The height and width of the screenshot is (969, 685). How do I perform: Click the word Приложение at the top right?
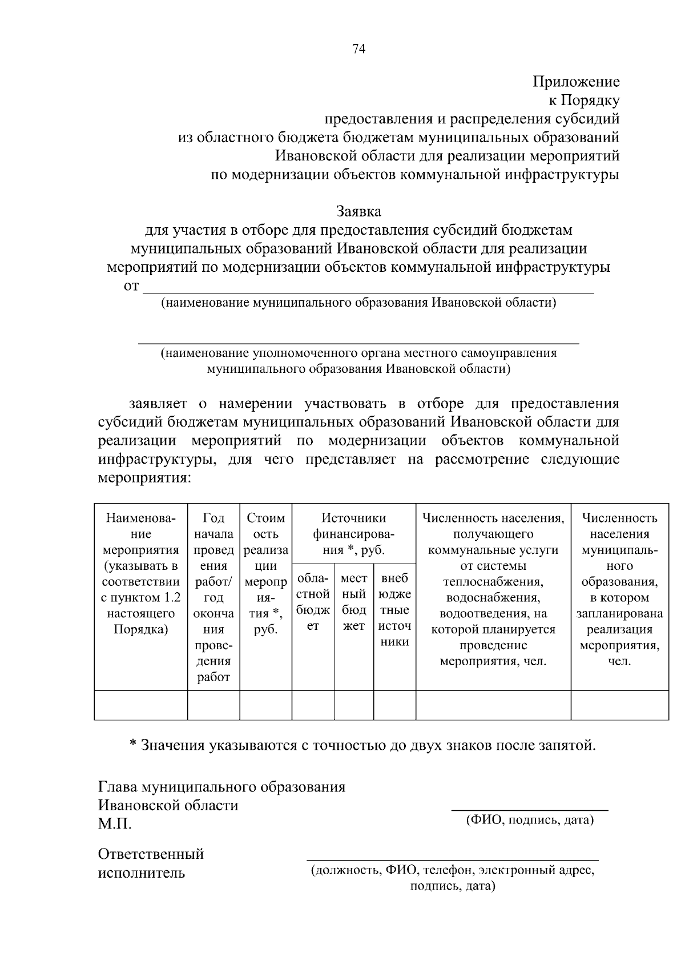point(576,82)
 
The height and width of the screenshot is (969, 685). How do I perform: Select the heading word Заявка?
point(358,211)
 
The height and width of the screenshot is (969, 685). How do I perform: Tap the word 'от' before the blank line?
point(131,286)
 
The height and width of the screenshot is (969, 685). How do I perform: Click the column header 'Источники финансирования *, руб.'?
point(353,534)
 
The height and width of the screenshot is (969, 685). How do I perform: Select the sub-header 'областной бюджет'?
point(313,602)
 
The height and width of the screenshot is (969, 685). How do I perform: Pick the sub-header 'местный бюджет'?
point(353,602)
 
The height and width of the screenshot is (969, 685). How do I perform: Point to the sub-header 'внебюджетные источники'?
point(394,610)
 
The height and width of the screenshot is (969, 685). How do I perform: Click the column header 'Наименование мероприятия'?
point(140,574)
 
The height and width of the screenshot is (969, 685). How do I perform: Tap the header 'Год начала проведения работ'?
point(213,597)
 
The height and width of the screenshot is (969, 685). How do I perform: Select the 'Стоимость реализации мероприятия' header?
point(265,574)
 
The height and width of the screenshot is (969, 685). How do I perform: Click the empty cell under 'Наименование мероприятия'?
point(140,705)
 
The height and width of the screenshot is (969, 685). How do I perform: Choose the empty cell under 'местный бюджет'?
point(353,705)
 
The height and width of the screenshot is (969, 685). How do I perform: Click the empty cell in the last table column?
point(619,705)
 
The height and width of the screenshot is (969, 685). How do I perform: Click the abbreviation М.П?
point(114,824)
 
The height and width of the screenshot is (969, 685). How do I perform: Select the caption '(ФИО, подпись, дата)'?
point(530,821)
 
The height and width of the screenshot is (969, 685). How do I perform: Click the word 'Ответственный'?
point(151,854)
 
